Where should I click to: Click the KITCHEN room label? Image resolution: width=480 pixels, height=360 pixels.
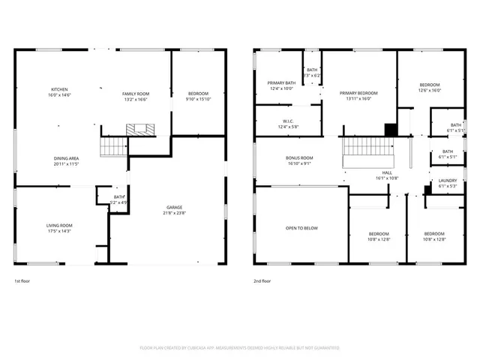pos(59,88)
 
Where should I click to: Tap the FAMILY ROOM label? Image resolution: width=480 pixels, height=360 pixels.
pos(136,93)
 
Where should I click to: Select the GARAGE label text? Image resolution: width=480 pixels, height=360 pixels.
pos(175,207)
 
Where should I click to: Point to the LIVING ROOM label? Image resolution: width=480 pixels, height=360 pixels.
pos(59,225)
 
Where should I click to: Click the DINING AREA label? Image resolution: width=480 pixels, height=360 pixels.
pos(66,158)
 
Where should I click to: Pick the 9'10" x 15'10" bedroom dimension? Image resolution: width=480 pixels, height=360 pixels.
pos(199,98)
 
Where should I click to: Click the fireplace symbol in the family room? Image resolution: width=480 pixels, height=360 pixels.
pos(139,129)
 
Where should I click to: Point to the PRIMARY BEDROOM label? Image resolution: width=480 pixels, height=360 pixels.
pos(358,93)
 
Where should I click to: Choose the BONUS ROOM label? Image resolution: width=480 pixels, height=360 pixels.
pos(299,158)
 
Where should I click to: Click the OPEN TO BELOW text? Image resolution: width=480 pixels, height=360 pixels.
pos(301,228)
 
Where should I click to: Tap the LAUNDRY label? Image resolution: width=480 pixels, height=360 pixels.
pos(448,180)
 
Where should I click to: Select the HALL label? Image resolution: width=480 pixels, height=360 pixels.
pos(388,172)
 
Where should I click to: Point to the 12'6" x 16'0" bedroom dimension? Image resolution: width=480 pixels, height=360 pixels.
pos(429,90)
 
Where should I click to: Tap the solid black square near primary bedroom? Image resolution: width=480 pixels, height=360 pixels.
pos(389,129)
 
